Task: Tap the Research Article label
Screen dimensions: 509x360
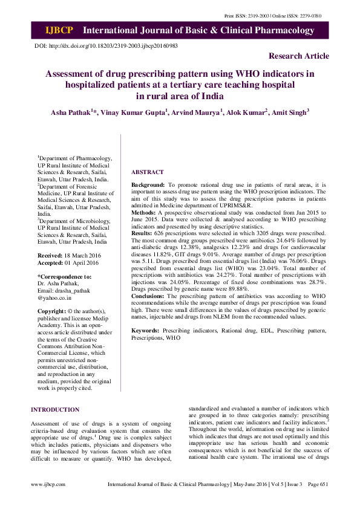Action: click(299, 56)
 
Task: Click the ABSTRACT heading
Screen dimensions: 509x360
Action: click(147, 172)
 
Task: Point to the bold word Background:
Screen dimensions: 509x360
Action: click(148, 184)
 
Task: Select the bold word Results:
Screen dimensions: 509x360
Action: click(142, 233)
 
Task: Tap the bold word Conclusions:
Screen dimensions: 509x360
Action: click(149, 296)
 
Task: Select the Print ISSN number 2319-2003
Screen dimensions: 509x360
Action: click(268, 15)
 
